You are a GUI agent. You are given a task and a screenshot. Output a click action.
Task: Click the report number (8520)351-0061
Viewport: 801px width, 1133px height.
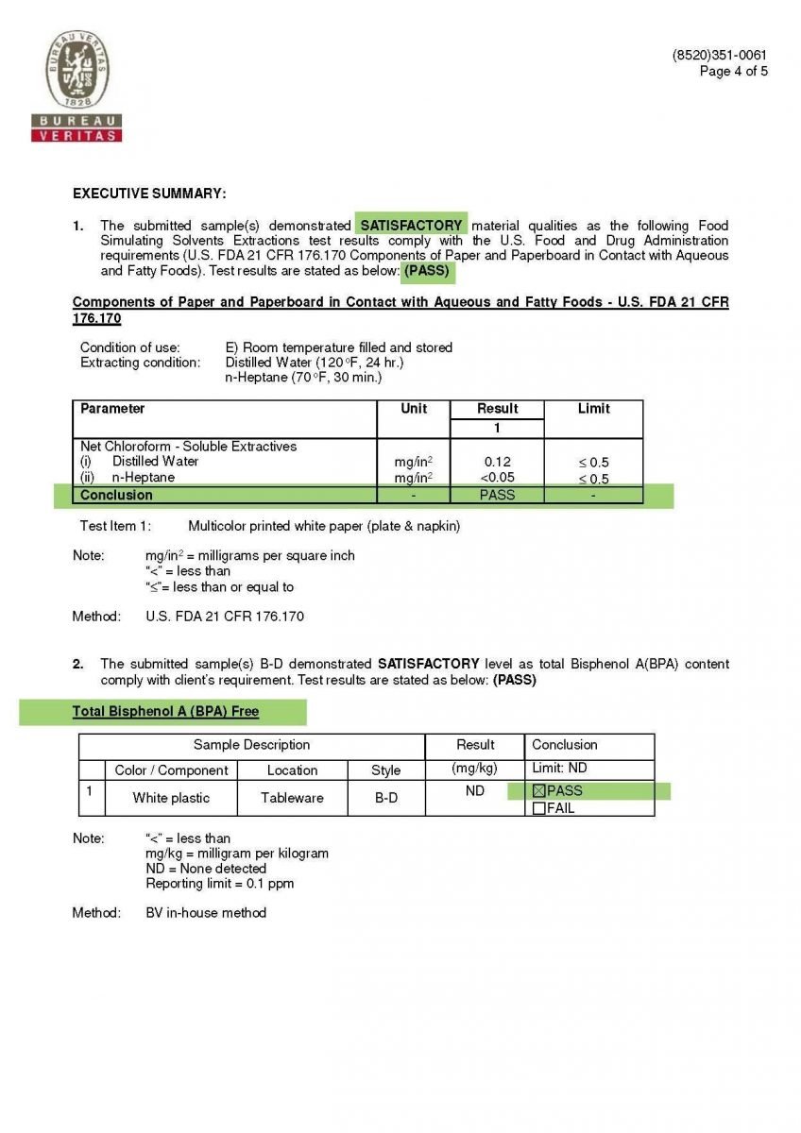point(719,56)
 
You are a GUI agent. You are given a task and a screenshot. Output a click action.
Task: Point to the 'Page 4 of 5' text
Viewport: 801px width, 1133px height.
point(733,71)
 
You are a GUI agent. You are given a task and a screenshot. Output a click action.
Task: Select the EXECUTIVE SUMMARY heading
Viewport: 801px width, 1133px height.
point(149,194)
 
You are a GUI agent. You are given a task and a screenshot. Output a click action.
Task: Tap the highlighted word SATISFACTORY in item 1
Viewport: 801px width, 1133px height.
point(412,226)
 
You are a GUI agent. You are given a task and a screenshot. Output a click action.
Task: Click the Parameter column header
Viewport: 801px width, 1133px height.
point(112,409)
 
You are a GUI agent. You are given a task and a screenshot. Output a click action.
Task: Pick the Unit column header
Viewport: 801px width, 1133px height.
point(413,409)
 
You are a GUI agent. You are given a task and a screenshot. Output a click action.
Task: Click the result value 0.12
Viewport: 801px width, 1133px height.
point(497,462)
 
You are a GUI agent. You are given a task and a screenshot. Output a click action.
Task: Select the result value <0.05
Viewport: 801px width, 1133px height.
point(497,478)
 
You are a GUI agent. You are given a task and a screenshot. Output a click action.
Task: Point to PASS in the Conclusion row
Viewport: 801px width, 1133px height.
point(497,495)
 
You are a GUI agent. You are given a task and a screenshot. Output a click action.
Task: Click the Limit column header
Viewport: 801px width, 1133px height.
point(593,409)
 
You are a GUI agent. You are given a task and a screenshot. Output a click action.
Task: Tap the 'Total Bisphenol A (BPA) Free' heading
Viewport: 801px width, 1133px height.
point(165,711)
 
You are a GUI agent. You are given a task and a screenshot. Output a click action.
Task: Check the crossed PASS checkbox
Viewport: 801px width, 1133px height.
point(539,791)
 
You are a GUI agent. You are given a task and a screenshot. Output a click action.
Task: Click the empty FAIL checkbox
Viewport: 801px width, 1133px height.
point(539,808)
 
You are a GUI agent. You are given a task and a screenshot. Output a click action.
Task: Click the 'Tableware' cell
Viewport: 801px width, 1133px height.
point(292,798)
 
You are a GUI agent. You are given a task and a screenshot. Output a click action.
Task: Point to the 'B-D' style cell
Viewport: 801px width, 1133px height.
point(385,798)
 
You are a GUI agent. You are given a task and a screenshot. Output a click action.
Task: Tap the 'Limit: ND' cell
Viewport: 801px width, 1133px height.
point(559,769)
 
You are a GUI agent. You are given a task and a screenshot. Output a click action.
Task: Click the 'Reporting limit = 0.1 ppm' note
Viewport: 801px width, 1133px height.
point(219,884)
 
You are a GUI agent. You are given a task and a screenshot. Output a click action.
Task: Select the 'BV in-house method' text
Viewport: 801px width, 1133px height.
point(206,913)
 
